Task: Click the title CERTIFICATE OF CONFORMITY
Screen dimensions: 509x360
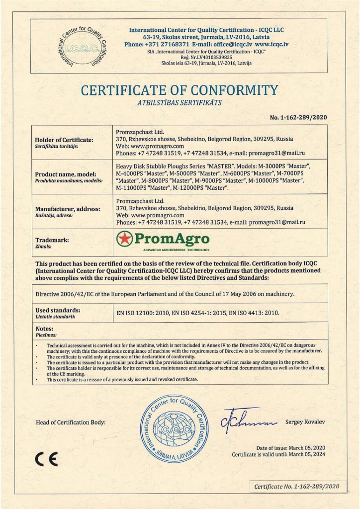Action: pyautogui.click(x=180, y=91)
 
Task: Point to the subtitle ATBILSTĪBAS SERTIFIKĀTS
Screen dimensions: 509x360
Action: pyautogui.click(x=179, y=103)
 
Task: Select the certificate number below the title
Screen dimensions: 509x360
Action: pyautogui.click(x=298, y=118)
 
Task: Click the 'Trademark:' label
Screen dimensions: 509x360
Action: pyautogui.click(x=52, y=240)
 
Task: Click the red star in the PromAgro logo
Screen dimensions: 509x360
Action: pyautogui.click(x=124, y=239)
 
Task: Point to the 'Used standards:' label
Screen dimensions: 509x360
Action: pyautogui.click(x=58, y=310)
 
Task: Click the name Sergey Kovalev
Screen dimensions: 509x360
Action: pyautogui.click(x=305, y=422)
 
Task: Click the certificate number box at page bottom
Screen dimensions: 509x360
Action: pyautogui.click(x=296, y=486)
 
